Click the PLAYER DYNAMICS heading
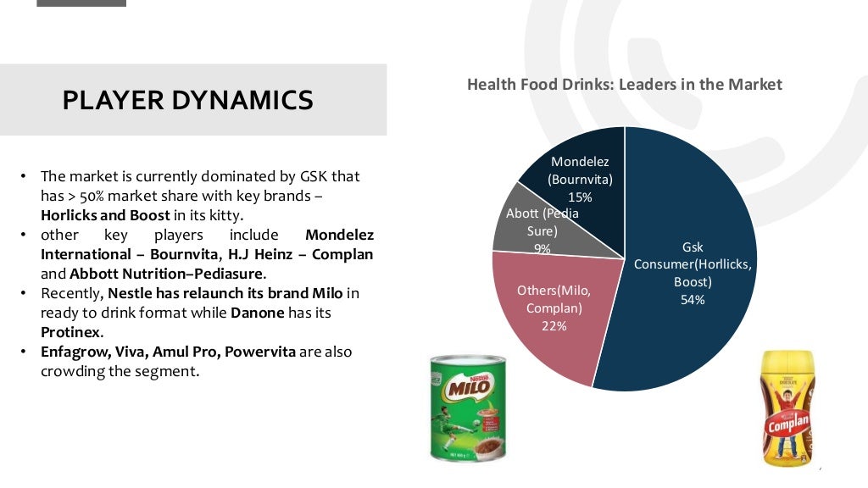tap(187, 100)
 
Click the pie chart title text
tap(624, 85)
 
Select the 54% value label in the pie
tap(692, 300)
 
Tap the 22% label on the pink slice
tap(554, 326)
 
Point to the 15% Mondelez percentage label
tap(580, 197)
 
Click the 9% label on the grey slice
tap(542, 249)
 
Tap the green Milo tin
tap(468, 408)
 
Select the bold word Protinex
tap(70, 331)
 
